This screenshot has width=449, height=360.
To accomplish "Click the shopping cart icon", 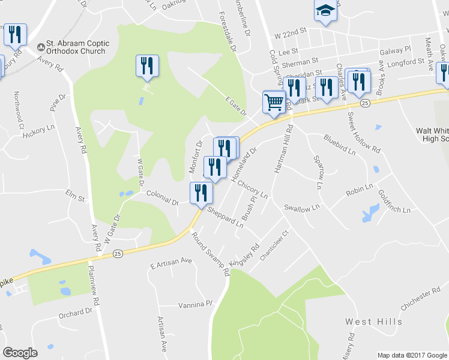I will (274, 101).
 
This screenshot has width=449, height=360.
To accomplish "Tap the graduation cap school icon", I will (325, 11).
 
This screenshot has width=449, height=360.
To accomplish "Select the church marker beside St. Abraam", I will (41, 46).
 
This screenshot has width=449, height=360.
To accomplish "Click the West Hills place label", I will (373, 322).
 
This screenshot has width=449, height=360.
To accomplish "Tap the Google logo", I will (20, 353).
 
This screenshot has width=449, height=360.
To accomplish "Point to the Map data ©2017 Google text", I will (411, 355).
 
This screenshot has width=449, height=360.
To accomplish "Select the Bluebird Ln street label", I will (340, 145).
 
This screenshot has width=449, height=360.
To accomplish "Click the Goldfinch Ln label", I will (394, 202).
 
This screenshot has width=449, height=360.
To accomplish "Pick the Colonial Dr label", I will (163, 197).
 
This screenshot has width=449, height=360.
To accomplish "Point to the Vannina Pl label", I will (196, 305).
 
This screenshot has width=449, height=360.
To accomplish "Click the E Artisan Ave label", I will (171, 262).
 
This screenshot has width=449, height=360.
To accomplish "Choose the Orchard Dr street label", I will (76, 313).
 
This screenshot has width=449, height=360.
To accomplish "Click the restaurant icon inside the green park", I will (147, 66).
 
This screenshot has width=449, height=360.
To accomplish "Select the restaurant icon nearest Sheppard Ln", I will (200, 193).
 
